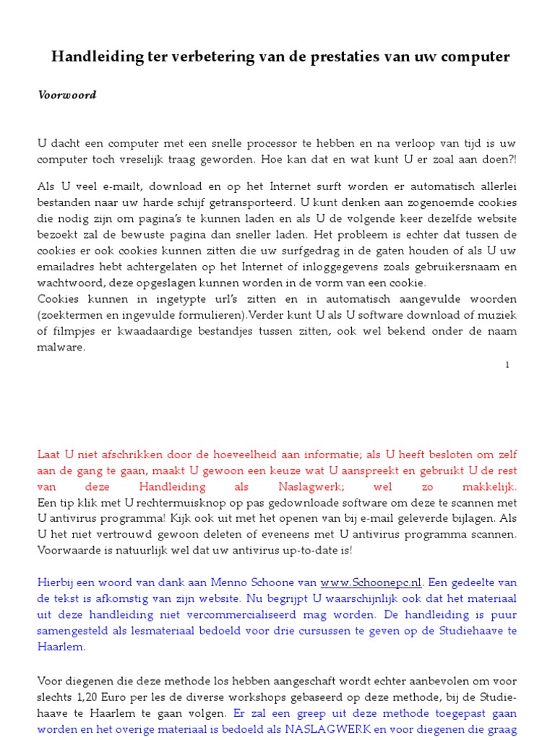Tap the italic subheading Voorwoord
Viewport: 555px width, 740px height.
tap(67, 95)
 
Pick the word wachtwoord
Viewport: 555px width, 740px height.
tap(71, 283)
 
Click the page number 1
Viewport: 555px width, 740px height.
tap(507, 366)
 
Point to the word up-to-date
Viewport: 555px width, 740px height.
tap(308, 550)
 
